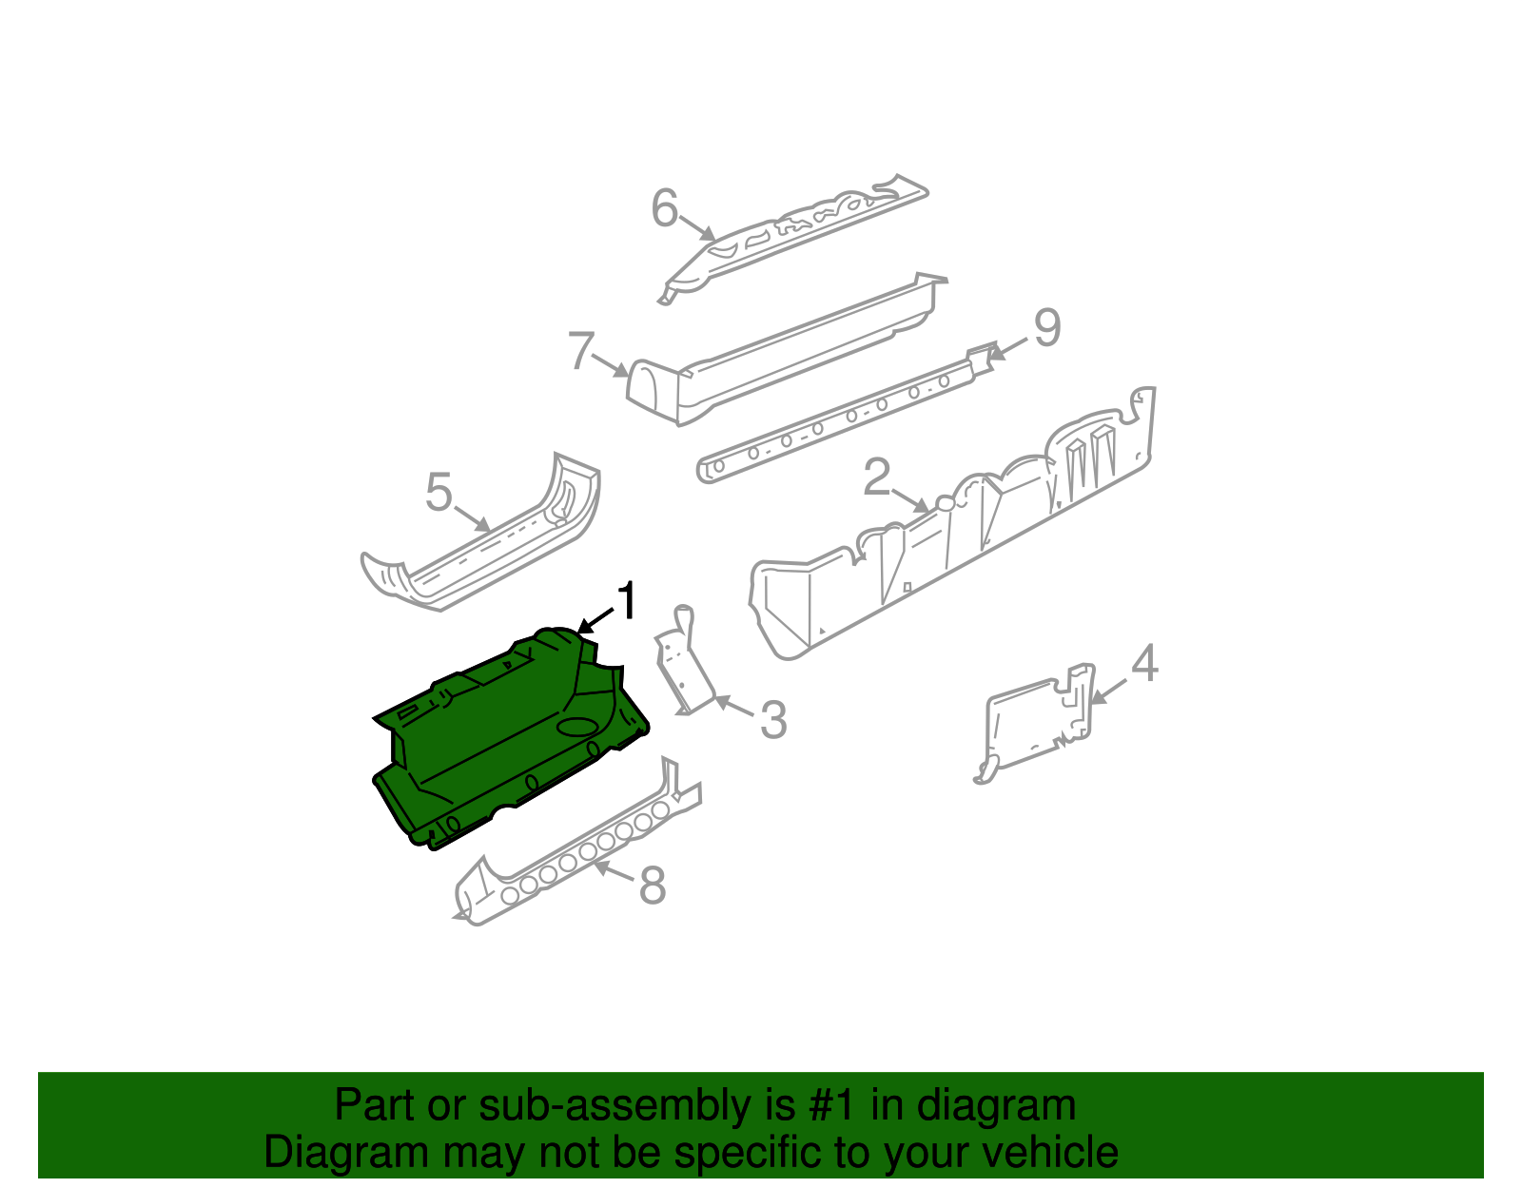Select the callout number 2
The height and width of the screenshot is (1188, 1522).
[x=876, y=477]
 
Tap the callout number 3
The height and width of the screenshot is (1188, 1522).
[x=773, y=720]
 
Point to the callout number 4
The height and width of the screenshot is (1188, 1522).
[x=1144, y=663]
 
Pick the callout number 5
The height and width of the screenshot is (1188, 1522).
[x=439, y=493]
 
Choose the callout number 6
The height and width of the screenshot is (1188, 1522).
[x=664, y=208]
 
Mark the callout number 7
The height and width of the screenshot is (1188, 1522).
[x=581, y=351]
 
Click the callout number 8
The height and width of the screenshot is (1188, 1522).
[x=653, y=886]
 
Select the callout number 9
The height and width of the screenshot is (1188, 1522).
[x=1046, y=328]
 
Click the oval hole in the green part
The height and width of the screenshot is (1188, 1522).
[x=576, y=728]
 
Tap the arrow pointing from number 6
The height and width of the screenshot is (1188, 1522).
[x=698, y=228]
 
